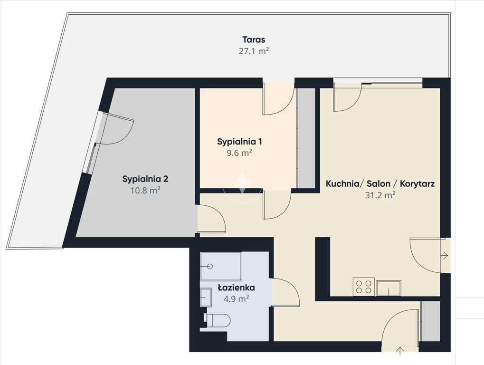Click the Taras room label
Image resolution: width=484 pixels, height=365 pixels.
pos(254,39)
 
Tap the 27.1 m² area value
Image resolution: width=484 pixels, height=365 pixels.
pos(254,51)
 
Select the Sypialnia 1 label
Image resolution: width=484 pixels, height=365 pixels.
pos(239,142)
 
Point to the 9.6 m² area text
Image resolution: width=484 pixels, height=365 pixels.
pos(239,153)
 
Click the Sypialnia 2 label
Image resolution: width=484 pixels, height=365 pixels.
pos(145,179)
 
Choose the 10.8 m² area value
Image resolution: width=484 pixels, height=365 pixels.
pos(145,190)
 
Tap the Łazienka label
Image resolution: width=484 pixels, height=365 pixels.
pos(236,288)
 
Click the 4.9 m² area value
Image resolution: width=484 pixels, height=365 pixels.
pos(236,298)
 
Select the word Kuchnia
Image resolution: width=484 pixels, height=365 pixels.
pos(342,184)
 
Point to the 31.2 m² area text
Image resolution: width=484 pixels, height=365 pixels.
pos(380,195)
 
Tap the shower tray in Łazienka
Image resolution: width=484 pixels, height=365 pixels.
pos(221,266)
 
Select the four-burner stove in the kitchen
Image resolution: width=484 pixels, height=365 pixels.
pos(364,287)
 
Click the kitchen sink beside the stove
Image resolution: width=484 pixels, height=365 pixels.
pos(389,288)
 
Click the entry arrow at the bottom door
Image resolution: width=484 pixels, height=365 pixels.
pos(400,350)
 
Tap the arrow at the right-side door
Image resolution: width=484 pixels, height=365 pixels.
pos(445,255)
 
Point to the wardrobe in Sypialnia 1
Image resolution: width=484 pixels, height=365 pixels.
pos(306,138)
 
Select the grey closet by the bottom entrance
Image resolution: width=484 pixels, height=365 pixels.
pos(430,321)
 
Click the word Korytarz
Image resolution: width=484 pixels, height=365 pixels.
pos(418,184)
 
